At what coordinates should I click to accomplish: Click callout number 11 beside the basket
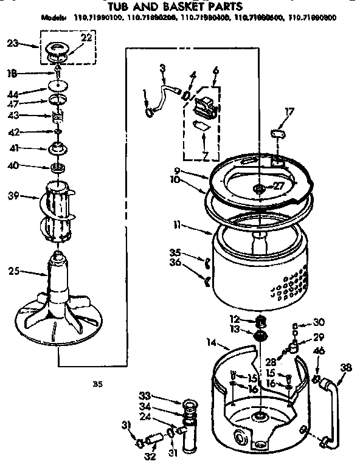(x=176, y=225)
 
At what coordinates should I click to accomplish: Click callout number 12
(x=234, y=319)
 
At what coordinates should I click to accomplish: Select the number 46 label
(x=319, y=351)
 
